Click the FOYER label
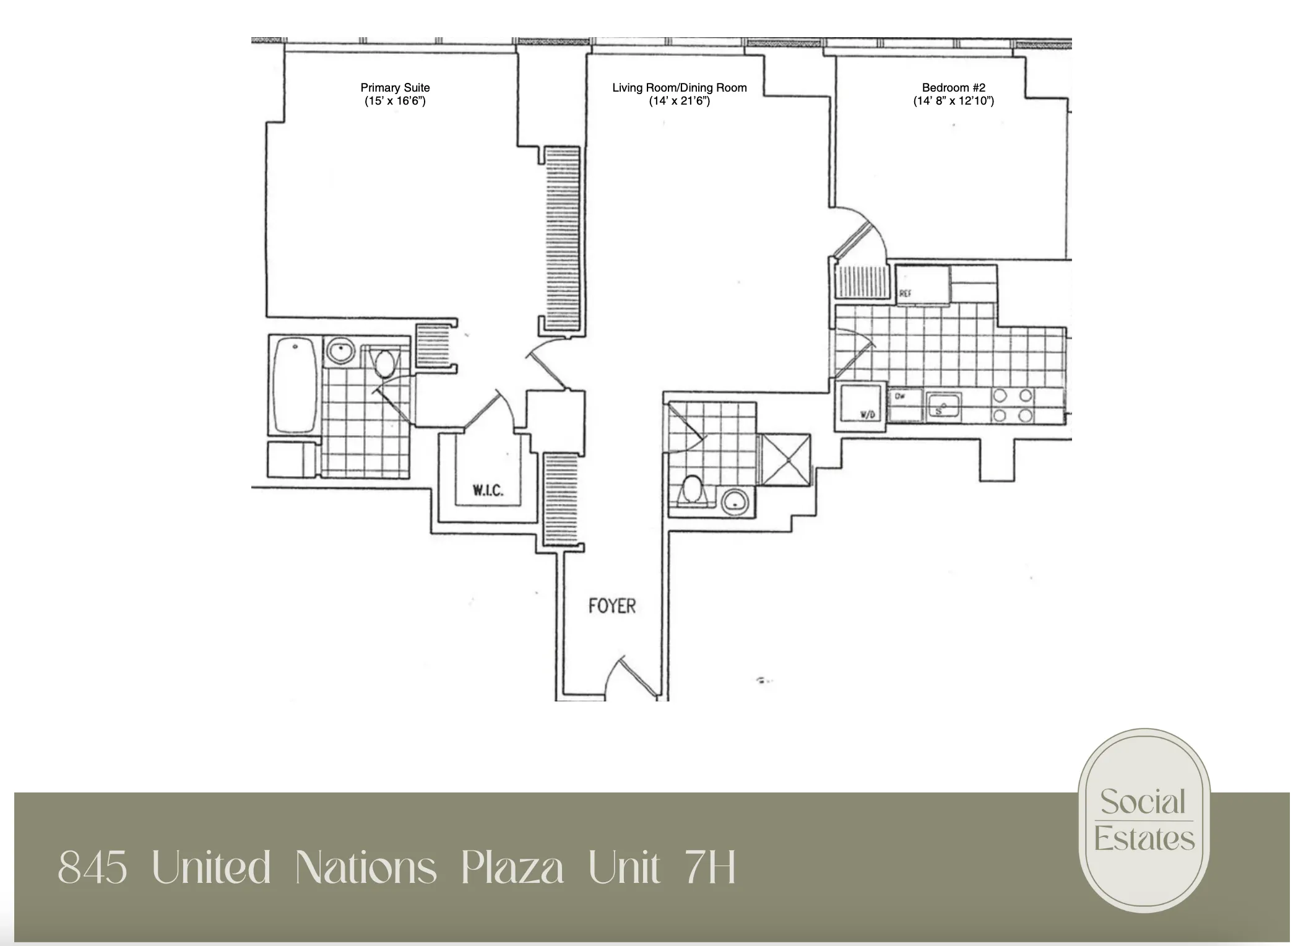pyautogui.click(x=612, y=605)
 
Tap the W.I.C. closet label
pyautogui.click(x=488, y=490)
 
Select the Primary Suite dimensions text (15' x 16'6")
pyautogui.click(x=395, y=101)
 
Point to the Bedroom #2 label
pyautogui.click(x=953, y=88)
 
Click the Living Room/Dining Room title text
pyautogui.click(x=679, y=88)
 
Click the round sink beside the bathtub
pyautogui.click(x=339, y=352)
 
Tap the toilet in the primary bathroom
pyautogui.click(x=384, y=363)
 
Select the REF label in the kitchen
pyautogui.click(x=905, y=295)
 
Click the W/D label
pyautogui.click(x=868, y=415)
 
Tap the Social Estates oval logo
pyautogui.click(x=1143, y=820)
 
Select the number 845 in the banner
pyautogui.click(x=93, y=868)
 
